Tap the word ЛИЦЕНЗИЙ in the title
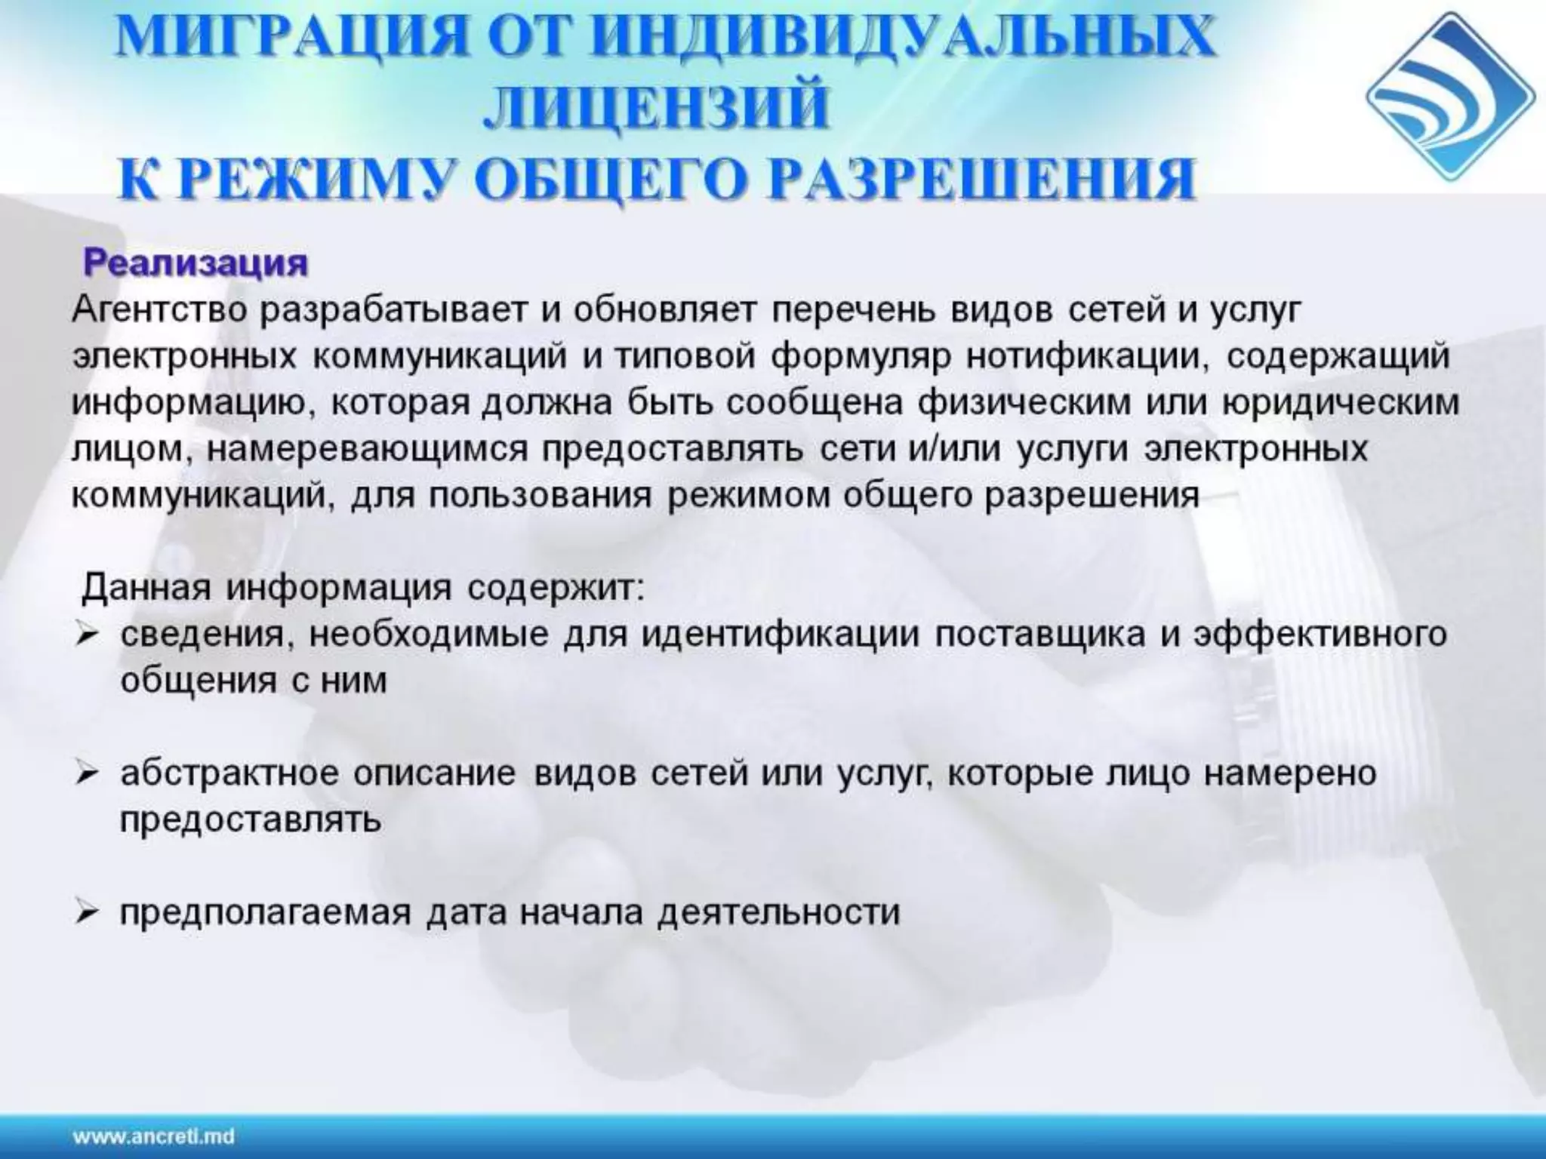click(x=655, y=109)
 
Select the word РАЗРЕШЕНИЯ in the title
click(x=981, y=180)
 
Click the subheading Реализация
click(x=196, y=263)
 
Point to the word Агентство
click(x=159, y=311)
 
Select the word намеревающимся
click(x=367, y=450)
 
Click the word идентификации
click(x=781, y=635)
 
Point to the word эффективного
click(x=1320, y=635)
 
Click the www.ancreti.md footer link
click(x=153, y=1136)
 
